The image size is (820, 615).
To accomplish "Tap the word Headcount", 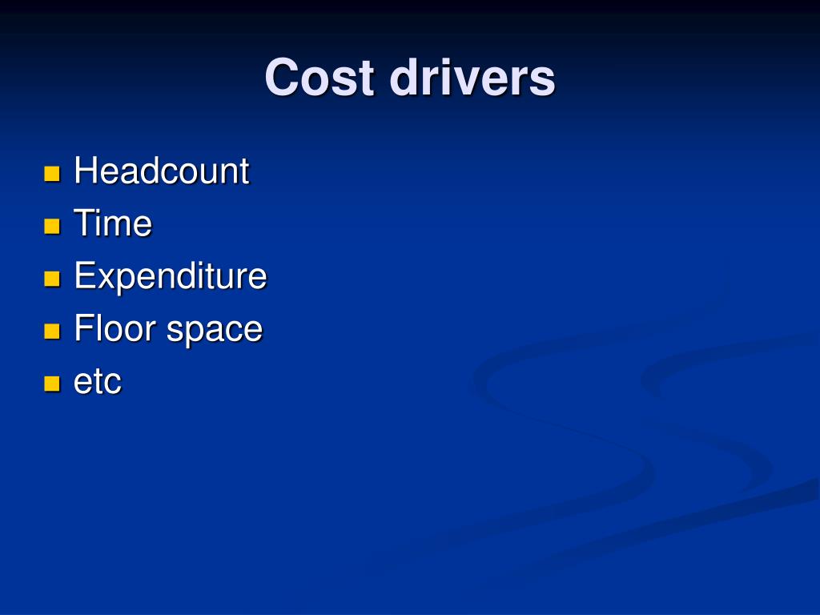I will [161, 171].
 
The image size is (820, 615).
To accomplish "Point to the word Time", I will [112, 223].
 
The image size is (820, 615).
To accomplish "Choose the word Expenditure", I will [170, 277].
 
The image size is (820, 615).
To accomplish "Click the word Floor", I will [116, 329].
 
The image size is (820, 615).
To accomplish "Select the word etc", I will [97, 382].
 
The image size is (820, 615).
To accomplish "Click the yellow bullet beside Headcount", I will [53, 174].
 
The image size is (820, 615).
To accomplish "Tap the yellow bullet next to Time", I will [53, 227].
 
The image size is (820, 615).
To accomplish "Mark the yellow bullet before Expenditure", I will [53, 279].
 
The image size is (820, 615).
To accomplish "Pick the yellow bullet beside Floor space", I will [53, 332].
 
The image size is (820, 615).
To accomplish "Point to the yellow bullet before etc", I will [53, 384].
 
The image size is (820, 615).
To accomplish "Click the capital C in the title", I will [281, 78].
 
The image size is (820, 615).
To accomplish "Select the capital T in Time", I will [82, 223].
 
